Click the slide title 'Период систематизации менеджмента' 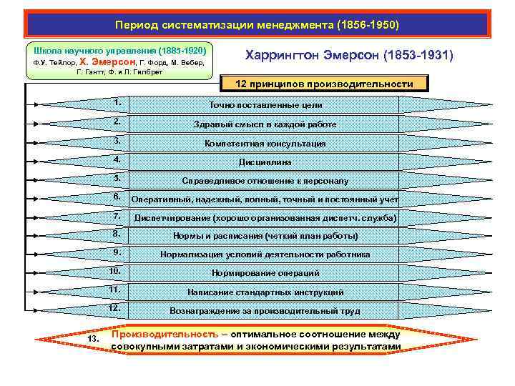[x=257, y=25]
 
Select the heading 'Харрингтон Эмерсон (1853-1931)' [x=350, y=55]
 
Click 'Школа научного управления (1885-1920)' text [x=119, y=51]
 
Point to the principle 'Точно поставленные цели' [x=265, y=105]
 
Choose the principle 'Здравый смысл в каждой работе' [x=265, y=124]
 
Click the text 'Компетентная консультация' [x=265, y=143]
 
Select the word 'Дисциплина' [x=265, y=162]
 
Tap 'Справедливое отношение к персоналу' [x=265, y=181]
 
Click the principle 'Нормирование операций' [x=265, y=273]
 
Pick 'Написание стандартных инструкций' [x=265, y=292]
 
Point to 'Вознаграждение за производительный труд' [x=265, y=311]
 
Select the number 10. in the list [x=114, y=271]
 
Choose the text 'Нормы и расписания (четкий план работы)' [x=265, y=236]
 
